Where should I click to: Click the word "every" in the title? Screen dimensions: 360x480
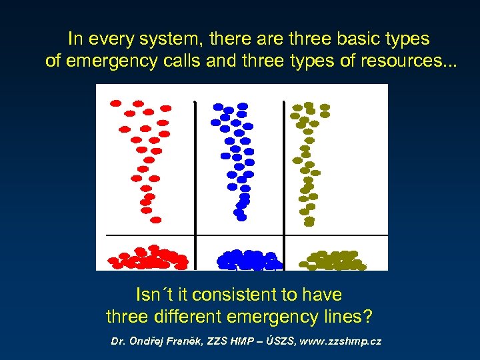click(x=107, y=39)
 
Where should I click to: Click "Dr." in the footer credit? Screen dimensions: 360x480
click(x=119, y=341)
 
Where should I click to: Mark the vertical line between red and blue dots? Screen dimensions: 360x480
click(x=194, y=167)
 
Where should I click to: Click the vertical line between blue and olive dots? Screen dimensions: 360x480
click(x=284, y=167)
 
